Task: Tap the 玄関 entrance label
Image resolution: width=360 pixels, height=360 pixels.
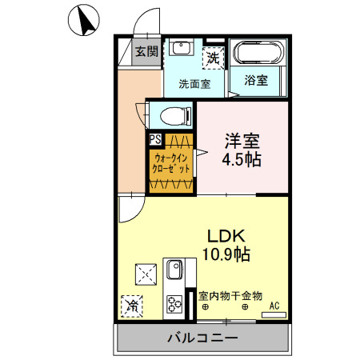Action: tap(146, 52)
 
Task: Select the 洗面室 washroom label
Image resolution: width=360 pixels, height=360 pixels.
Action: tap(194, 82)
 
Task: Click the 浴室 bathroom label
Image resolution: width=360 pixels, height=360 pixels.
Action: tap(256, 80)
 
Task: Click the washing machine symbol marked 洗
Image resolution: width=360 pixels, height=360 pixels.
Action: tap(214, 57)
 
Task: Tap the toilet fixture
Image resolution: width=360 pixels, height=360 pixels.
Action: tap(171, 116)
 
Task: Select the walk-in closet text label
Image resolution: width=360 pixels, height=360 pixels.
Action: tap(171, 164)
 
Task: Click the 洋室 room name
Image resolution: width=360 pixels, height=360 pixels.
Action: tap(242, 141)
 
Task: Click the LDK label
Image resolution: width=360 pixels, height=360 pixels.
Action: tap(226, 237)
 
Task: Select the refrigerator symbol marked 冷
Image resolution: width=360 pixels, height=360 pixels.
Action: tap(131, 304)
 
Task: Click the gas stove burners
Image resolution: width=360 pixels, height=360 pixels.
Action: tap(174, 303)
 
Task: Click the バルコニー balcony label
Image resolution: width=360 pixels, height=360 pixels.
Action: tap(202, 338)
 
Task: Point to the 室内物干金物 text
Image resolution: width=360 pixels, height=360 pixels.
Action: tap(230, 295)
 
